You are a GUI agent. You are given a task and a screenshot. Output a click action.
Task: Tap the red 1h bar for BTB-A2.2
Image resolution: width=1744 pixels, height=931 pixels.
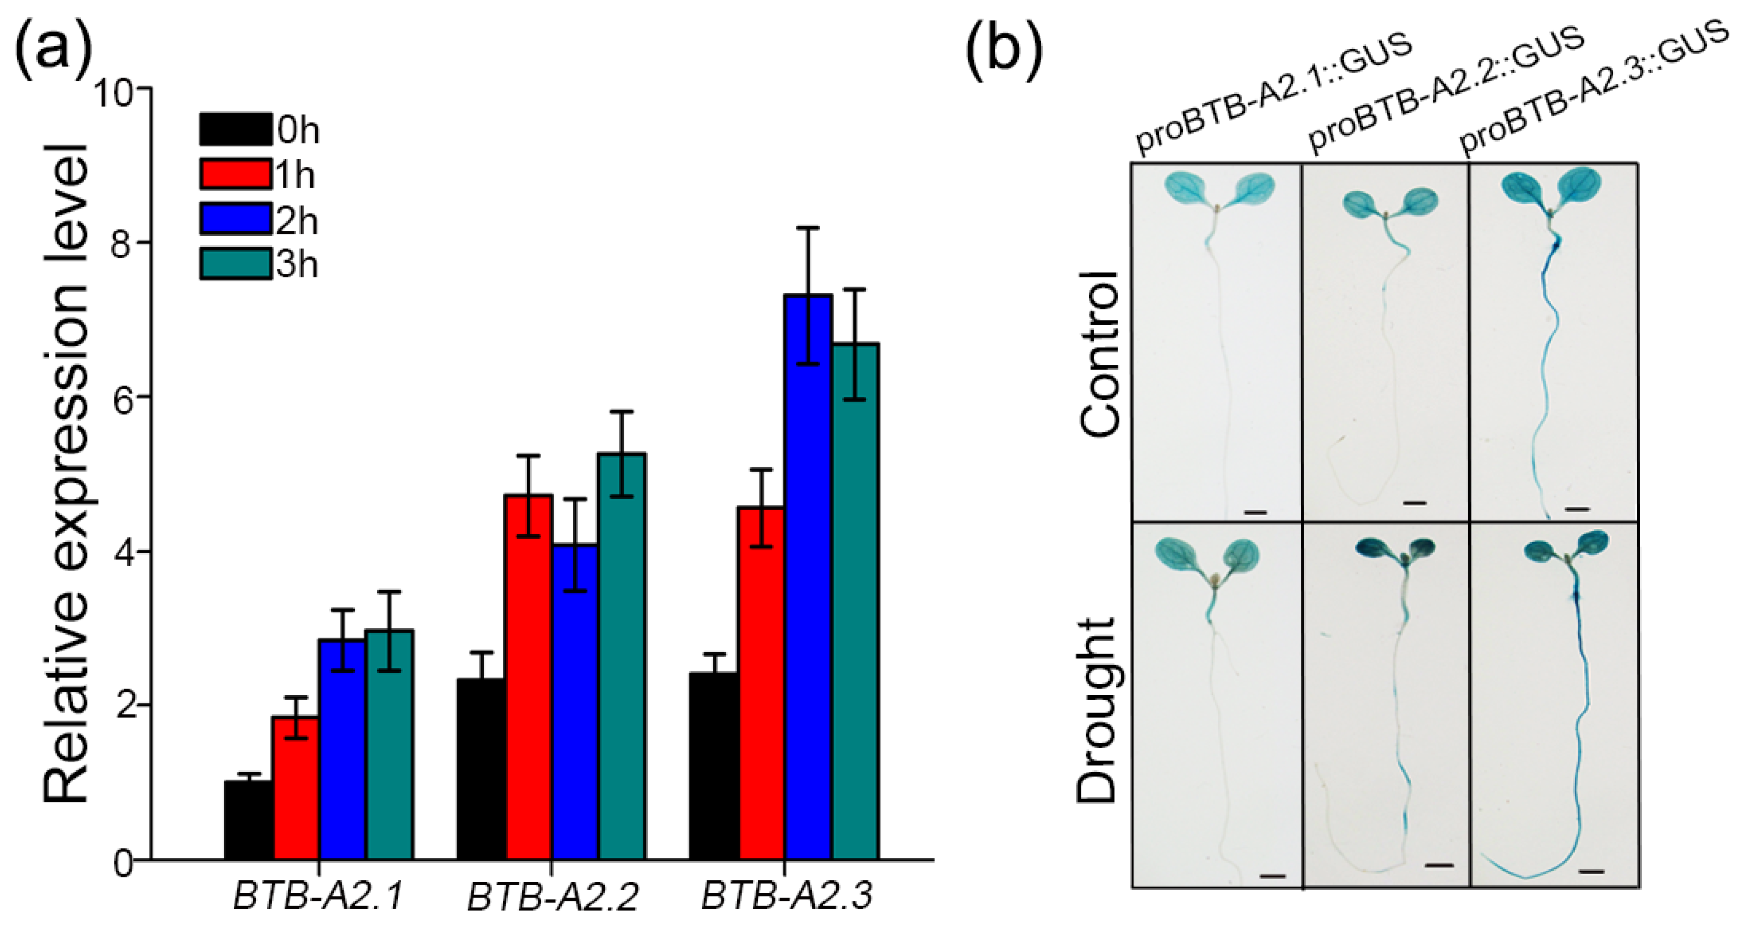[529, 677]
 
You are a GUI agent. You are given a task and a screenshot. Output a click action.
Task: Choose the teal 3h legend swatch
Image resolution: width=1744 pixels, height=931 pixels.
[235, 264]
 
